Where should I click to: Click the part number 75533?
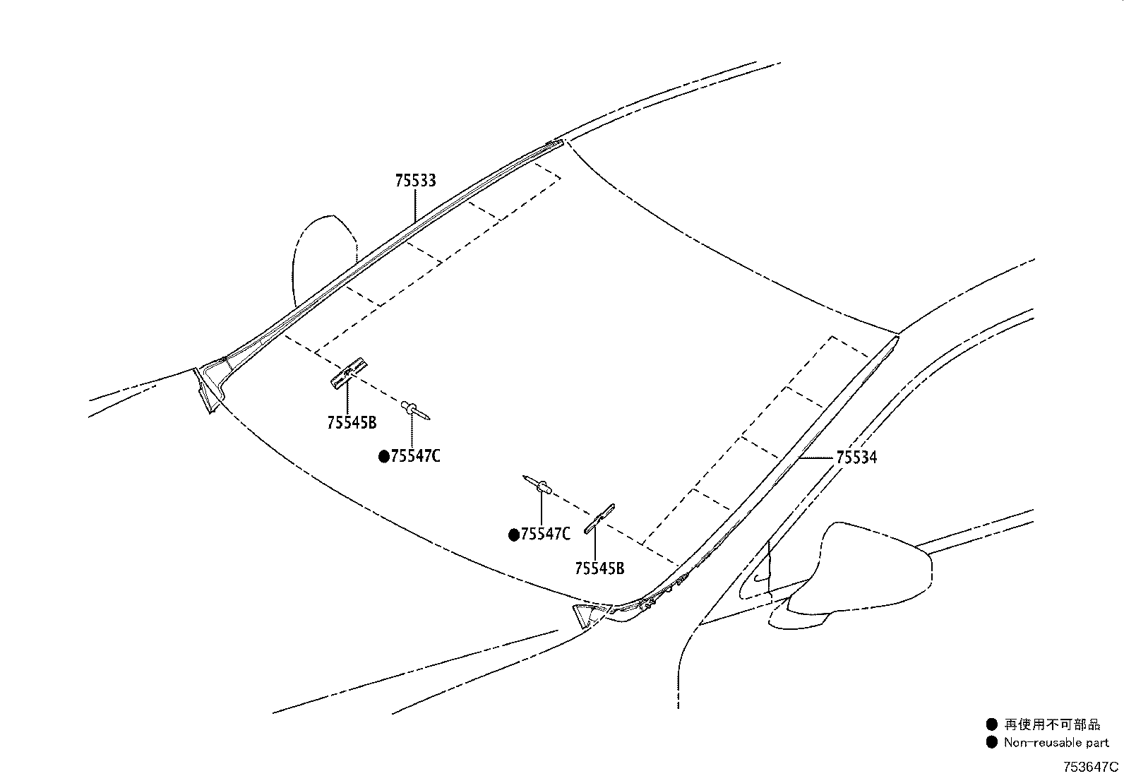[x=415, y=181]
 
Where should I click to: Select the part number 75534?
[x=856, y=458]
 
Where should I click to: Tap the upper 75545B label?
[x=352, y=423]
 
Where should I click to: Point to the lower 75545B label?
[x=599, y=568]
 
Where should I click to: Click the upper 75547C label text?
[x=415, y=456]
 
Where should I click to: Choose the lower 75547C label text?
[x=546, y=534]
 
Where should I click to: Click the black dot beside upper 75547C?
[x=384, y=457]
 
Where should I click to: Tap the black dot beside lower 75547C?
[x=514, y=535]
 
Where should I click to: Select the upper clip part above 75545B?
[x=349, y=372]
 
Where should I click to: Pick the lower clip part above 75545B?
[x=599, y=519]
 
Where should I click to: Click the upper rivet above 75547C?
[x=415, y=410]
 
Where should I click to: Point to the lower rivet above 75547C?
[x=537, y=484]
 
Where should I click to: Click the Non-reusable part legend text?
[x=1056, y=742]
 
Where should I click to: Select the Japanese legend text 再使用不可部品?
[x=1052, y=724]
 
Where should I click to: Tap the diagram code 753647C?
[x=1091, y=767]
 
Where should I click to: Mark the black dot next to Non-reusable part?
[x=991, y=742]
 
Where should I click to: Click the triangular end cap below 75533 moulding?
[x=208, y=388]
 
